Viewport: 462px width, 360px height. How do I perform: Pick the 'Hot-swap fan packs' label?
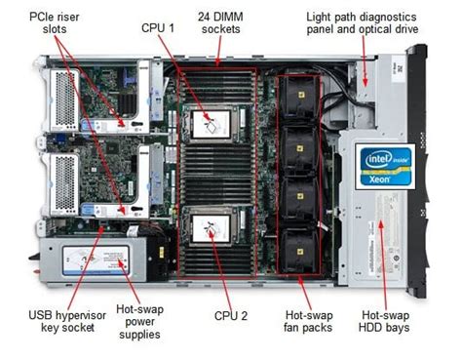308,321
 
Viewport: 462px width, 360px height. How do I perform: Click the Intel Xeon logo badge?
387,165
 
